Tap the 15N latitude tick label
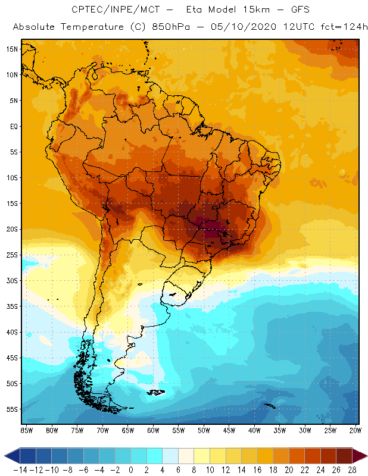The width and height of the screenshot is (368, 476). click(x=12, y=49)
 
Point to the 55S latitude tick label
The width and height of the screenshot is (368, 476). click(x=12, y=409)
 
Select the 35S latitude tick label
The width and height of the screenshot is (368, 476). click(x=12, y=306)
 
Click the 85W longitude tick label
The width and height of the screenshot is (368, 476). click(x=27, y=430)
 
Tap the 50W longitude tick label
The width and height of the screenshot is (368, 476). click(x=204, y=430)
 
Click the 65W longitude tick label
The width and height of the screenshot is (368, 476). click(x=128, y=430)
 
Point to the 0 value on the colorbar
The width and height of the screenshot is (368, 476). click(x=131, y=469)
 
